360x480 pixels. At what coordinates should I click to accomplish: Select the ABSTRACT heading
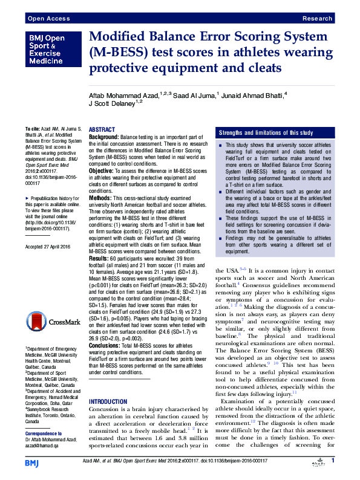pos(102,130)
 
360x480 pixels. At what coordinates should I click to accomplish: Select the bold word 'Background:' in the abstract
pos(103,138)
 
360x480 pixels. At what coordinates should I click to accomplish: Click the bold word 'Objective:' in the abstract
pos(101,171)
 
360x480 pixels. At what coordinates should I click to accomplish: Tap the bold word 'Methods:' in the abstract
pos(100,198)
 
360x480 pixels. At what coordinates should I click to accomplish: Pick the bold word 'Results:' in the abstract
pos(99,258)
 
